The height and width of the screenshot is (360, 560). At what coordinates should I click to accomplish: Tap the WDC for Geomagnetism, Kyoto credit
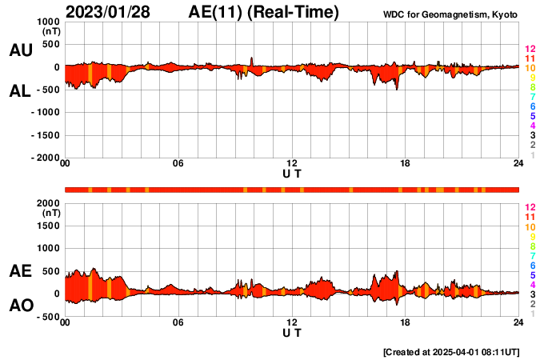pyautogui.click(x=450, y=14)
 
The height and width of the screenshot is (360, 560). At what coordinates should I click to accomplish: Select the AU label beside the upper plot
pyautogui.click(x=20, y=50)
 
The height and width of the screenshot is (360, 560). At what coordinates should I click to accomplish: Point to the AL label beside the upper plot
pyautogui.click(x=20, y=91)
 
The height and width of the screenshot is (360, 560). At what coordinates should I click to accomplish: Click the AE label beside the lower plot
pyautogui.click(x=20, y=272)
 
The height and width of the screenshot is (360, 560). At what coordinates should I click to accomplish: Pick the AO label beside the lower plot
pyautogui.click(x=20, y=306)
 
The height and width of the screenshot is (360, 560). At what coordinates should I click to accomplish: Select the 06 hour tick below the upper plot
pyautogui.click(x=178, y=164)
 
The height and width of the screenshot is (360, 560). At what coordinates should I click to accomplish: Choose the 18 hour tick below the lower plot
pyautogui.click(x=406, y=322)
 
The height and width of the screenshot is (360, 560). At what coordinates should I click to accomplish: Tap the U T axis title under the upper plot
pyautogui.click(x=292, y=173)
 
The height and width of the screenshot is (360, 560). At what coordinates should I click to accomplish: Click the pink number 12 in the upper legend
pyautogui.click(x=530, y=50)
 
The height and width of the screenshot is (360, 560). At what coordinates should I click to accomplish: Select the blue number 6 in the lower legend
pyautogui.click(x=532, y=265)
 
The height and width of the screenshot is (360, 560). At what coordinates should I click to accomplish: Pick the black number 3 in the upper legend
pyautogui.click(x=532, y=135)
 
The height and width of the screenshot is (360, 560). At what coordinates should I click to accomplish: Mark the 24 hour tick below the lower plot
pyautogui.click(x=518, y=322)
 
